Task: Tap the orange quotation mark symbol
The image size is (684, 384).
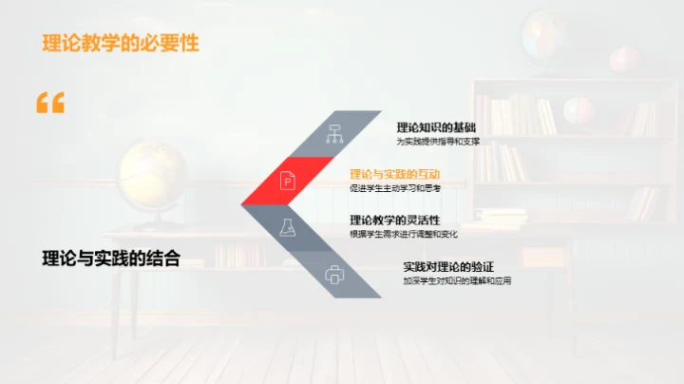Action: click(x=50, y=103)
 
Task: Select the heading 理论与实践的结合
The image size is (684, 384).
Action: click(x=111, y=258)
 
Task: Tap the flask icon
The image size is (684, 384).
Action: click(x=287, y=227)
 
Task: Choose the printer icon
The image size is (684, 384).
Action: click(x=334, y=275)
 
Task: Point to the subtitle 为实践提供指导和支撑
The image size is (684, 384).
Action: click(x=438, y=142)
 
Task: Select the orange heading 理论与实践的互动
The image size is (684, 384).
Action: click(x=394, y=174)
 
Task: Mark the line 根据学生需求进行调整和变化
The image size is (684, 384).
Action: click(x=404, y=235)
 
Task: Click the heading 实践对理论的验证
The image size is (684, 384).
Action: click(x=448, y=266)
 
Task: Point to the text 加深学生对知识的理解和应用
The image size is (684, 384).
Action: click(x=457, y=281)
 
